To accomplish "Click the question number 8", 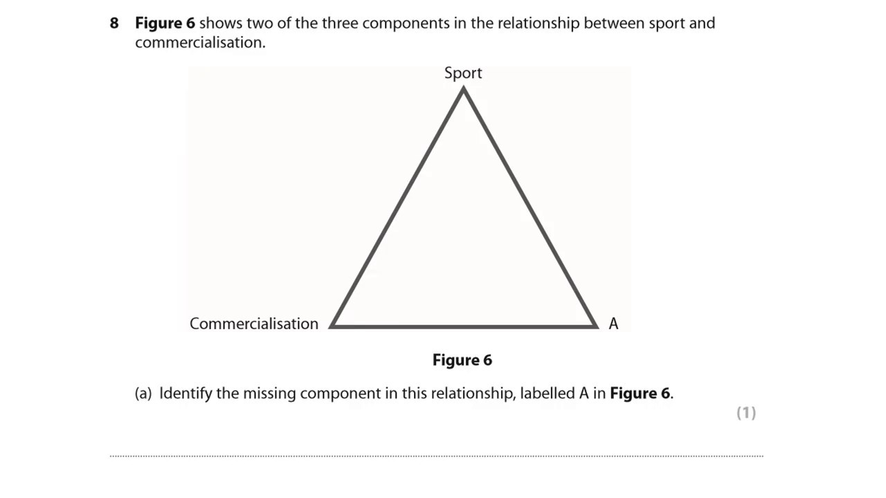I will tap(114, 24).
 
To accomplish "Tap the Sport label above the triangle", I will tap(463, 73).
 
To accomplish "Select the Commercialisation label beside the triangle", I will tap(254, 324).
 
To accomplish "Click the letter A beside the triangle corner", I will tap(613, 324).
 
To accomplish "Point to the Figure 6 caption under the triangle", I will tap(462, 360).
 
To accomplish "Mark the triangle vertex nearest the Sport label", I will tap(463, 91).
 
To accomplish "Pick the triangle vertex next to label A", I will tap(595, 325).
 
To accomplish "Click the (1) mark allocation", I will tap(746, 413).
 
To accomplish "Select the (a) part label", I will tap(143, 394).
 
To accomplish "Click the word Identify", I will tap(186, 394).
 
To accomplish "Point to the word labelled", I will tap(548, 394).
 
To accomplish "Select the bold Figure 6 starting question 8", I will tap(165, 24).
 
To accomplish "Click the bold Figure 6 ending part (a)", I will tap(640, 394).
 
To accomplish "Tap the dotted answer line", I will tap(436, 456).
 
